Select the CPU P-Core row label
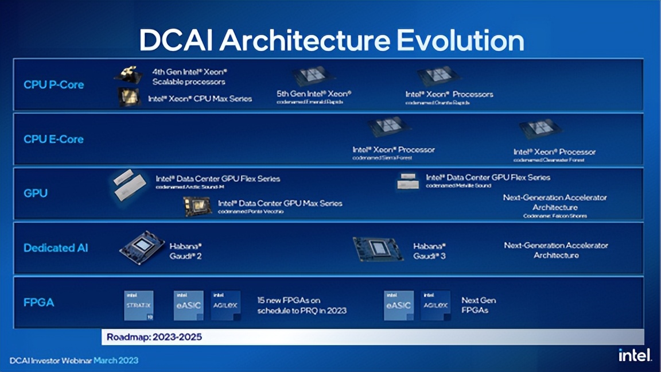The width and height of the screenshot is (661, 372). click(53, 84)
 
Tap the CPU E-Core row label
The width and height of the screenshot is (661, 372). click(53, 139)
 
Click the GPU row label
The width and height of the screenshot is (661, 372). click(36, 193)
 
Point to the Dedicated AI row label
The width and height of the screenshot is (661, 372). click(56, 248)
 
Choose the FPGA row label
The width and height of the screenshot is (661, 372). click(38, 302)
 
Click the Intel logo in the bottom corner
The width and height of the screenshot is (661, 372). click(635, 355)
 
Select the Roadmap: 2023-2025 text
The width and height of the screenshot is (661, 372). click(154, 337)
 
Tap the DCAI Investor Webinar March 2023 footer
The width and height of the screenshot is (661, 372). click(73, 361)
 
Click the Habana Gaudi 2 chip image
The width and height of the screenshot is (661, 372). click(142, 247)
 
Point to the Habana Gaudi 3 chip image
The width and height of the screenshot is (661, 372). click(378, 249)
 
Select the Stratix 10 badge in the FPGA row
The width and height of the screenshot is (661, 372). click(139, 305)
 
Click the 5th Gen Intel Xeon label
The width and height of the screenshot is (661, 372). click(314, 94)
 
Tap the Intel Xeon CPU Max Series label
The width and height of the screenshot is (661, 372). click(200, 99)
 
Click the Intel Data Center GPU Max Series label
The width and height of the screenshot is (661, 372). click(279, 203)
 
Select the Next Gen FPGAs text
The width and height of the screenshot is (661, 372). click(479, 305)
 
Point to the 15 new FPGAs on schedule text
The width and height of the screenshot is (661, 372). click(301, 305)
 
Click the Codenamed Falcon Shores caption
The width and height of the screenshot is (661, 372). click(555, 216)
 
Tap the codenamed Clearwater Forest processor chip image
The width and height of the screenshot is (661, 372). click(540, 129)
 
